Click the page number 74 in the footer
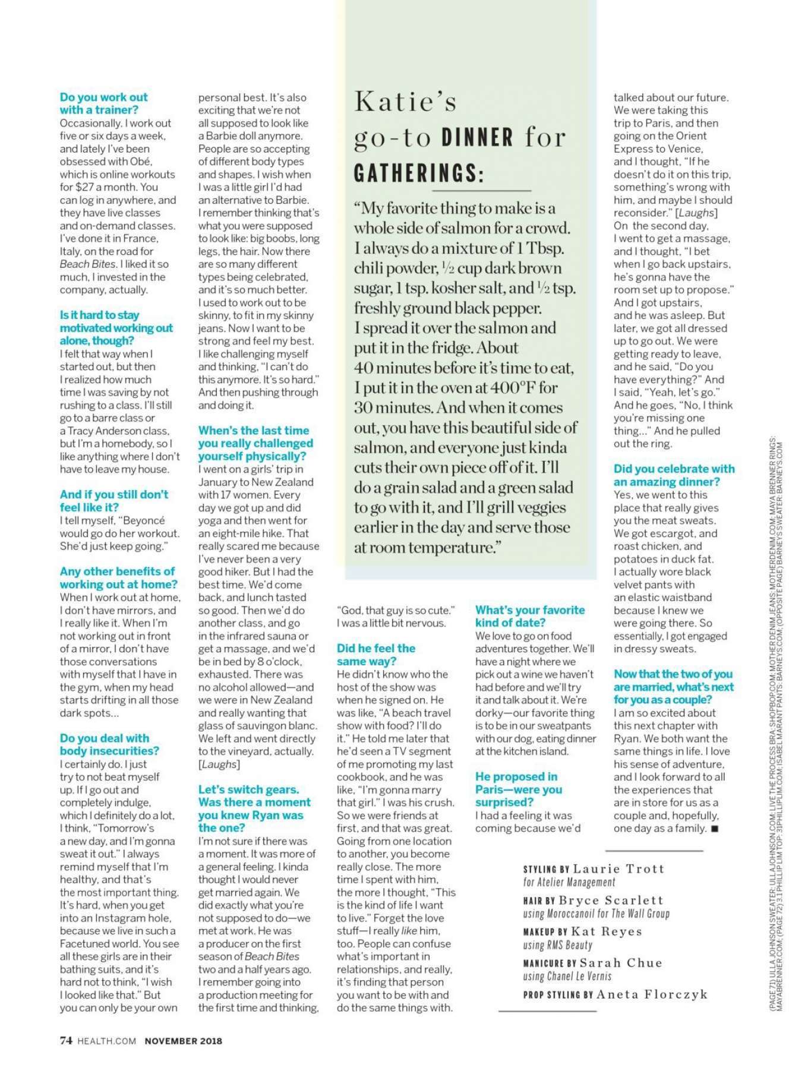coord(66,1040)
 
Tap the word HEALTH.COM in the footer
coord(107,1041)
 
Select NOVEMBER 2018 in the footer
coord(184,1041)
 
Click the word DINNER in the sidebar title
coord(478,138)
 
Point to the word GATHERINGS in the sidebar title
coord(419,173)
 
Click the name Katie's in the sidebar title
coord(405,102)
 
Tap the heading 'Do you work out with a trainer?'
coord(103,103)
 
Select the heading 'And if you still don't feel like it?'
coord(113,501)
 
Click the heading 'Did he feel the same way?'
coord(375,655)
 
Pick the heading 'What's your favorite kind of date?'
coord(529,616)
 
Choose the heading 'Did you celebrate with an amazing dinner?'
coord(674,475)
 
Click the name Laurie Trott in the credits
coord(618,868)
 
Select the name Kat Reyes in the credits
coord(606,931)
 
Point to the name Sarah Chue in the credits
coord(620,963)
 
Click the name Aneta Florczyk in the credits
coord(652,994)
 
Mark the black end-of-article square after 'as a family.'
coord(715,829)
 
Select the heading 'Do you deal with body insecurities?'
coord(109,744)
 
